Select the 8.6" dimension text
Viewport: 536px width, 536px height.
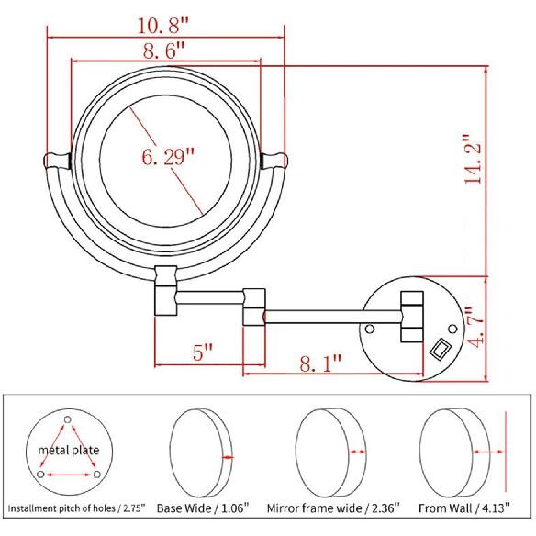click(x=166, y=51)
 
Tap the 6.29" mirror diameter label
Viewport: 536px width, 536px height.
click(x=168, y=157)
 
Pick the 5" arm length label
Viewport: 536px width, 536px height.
click(x=203, y=350)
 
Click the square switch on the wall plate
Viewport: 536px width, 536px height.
click(x=440, y=350)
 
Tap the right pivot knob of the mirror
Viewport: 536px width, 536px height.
click(x=274, y=162)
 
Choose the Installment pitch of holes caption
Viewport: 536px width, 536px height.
click(x=75, y=507)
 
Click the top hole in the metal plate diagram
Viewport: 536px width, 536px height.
click(x=67, y=420)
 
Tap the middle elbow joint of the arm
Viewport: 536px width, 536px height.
click(x=252, y=306)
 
